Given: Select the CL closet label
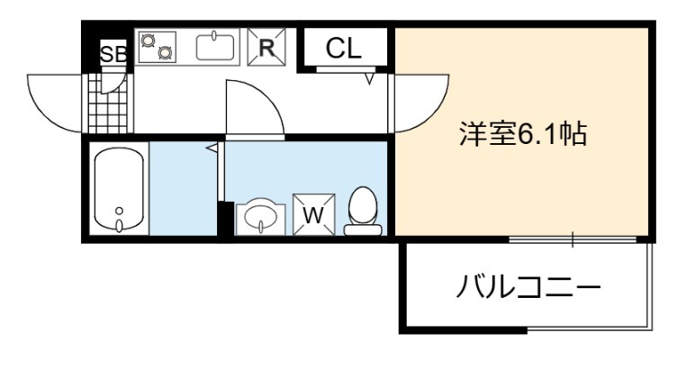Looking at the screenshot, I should pyautogui.click(x=343, y=49).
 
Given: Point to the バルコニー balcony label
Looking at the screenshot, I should pyautogui.click(x=528, y=289).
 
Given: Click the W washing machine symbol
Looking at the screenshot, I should pyautogui.click(x=313, y=215).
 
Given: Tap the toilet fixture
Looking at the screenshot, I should pyautogui.click(x=363, y=210).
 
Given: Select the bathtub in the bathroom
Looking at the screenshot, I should pyautogui.click(x=120, y=190).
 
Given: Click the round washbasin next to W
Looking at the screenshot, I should pyautogui.click(x=261, y=216).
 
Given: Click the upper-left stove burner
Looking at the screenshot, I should pyautogui.click(x=147, y=40).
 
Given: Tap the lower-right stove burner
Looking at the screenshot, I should pyautogui.click(x=164, y=53).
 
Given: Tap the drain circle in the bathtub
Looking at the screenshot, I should pyautogui.click(x=120, y=213).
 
